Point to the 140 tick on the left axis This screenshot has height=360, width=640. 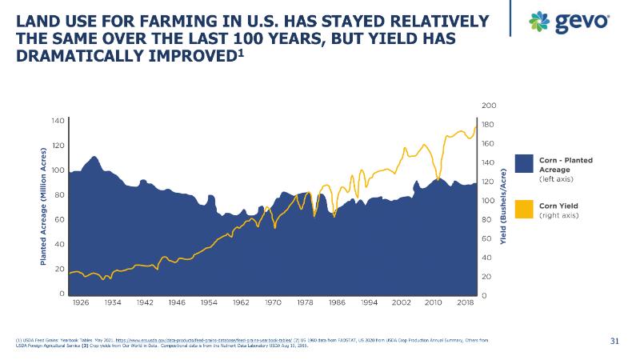coord(58,120)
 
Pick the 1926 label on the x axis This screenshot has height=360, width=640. coord(80,303)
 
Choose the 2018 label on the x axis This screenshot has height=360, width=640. coord(466,303)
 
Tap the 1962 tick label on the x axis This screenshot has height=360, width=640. coord(241,303)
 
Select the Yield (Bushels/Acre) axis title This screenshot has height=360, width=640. coord(504,206)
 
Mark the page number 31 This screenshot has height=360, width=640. coord(615,342)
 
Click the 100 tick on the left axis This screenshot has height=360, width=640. coord(58,170)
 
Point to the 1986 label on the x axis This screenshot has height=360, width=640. coord(337,303)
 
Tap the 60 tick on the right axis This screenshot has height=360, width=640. coord(488,238)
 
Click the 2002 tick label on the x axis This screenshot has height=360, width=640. coord(401,303)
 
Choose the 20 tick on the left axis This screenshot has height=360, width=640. coord(59,269)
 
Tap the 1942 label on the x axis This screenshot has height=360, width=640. coord(145,303)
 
